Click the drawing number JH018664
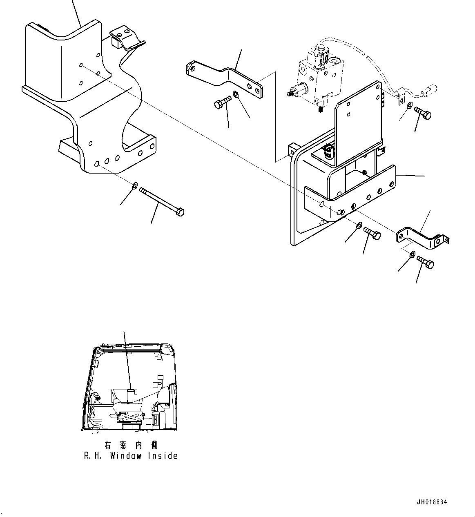coord(432,502)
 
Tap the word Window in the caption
coord(125,456)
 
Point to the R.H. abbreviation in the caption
coord(94,456)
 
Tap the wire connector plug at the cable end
coord(431,90)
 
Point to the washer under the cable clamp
coord(410,106)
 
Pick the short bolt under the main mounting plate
coord(372,233)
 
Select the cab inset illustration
coord(130,388)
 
